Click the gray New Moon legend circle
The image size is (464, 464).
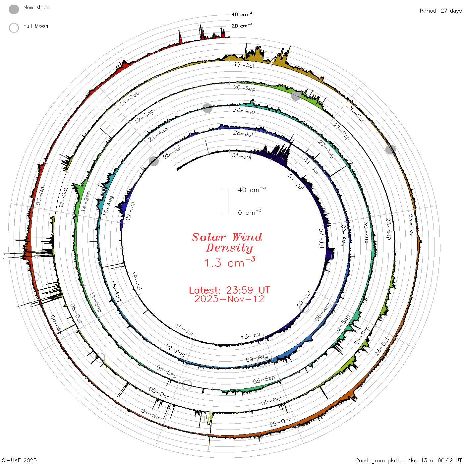14,9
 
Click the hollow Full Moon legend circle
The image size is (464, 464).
14,28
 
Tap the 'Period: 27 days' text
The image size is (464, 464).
440,11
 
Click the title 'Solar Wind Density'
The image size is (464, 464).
227,243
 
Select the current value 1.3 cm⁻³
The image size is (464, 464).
230,262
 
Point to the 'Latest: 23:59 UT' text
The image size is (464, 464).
229,290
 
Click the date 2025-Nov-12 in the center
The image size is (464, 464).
229,299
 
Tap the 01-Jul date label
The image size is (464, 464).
241,156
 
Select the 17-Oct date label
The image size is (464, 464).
244,65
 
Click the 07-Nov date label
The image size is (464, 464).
40,195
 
